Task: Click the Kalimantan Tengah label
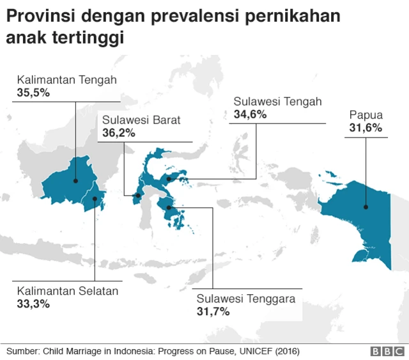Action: [x=66, y=81]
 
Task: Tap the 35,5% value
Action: [x=33, y=93]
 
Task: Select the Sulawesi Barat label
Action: [x=141, y=120]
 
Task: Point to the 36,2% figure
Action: [x=118, y=132]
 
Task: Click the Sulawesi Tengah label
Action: [x=277, y=102]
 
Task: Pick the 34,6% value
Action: [x=250, y=114]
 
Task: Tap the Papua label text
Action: [x=366, y=115]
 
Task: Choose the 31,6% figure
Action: [x=366, y=128]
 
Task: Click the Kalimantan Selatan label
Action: [x=68, y=291]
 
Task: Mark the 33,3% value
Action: [x=33, y=304]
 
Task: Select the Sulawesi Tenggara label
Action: [x=245, y=299]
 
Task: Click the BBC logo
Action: [x=386, y=352]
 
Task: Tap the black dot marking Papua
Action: [x=366, y=207]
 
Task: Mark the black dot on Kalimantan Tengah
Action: [x=75, y=180]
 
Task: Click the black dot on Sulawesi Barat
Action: [x=137, y=195]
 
